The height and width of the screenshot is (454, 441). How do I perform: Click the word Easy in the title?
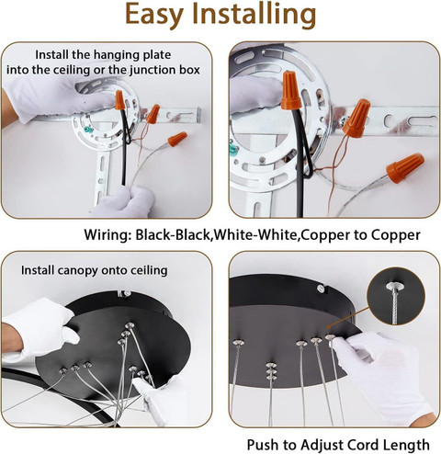[x=154, y=15]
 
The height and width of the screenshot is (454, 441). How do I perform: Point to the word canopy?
[x=78, y=271]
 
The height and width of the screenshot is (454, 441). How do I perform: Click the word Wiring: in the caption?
[x=107, y=235]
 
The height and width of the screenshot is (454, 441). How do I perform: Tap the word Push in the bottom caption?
[x=263, y=445]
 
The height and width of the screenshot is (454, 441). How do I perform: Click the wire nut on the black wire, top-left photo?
[x=119, y=100]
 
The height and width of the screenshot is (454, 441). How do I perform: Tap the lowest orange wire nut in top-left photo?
[x=177, y=139]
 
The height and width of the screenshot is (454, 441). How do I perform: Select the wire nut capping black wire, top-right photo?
[x=290, y=90]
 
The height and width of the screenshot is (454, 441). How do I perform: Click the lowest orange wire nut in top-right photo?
[x=405, y=168]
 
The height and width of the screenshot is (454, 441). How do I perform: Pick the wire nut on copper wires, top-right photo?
[x=356, y=118]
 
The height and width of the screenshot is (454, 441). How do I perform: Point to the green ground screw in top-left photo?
[x=88, y=130]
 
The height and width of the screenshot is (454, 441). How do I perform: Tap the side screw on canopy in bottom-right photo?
[x=321, y=289]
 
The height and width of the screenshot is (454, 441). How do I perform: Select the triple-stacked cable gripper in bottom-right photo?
[x=271, y=371]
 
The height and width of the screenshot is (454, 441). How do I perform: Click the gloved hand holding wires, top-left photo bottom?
[x=124, y=202]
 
